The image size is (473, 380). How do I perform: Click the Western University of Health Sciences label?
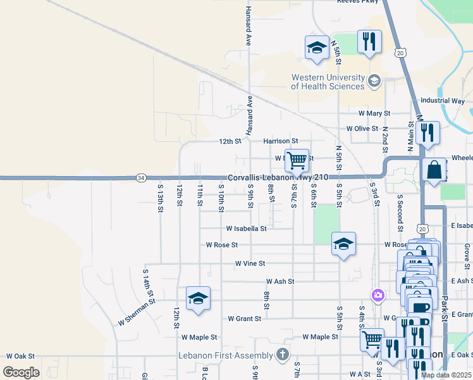point(328,82)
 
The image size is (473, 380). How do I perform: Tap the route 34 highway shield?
point(140,178)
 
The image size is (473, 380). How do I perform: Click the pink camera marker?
point(378,295)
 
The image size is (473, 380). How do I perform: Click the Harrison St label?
point(280,141)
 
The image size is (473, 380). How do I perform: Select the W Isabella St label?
point(246,228)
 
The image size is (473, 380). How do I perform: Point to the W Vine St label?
point(250,263)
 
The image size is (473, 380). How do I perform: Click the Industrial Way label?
point(442,101)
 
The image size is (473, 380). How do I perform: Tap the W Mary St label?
point(374,113)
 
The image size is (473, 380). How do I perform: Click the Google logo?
point(21,372)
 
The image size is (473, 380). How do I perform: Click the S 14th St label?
point(149,282)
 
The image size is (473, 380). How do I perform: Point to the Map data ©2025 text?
point(446,375)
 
